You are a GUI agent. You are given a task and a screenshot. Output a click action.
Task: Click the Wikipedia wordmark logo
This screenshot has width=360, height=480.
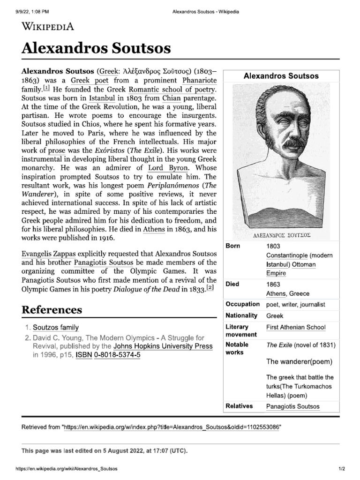[48, 26]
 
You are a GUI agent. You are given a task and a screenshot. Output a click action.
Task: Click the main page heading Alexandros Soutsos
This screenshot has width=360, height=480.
[96, 48]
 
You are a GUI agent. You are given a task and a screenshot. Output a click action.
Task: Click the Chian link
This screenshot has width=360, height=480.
[171, 98]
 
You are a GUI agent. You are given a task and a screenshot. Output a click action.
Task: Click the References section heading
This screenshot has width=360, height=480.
[52, 310]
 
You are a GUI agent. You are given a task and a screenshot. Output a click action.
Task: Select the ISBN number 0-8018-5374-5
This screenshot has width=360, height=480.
[117, 355]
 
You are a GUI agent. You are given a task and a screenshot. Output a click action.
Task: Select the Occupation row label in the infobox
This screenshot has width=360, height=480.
[242, 304]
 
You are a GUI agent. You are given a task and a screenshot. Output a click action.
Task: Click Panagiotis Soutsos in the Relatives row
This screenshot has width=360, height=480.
[292, 406]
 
